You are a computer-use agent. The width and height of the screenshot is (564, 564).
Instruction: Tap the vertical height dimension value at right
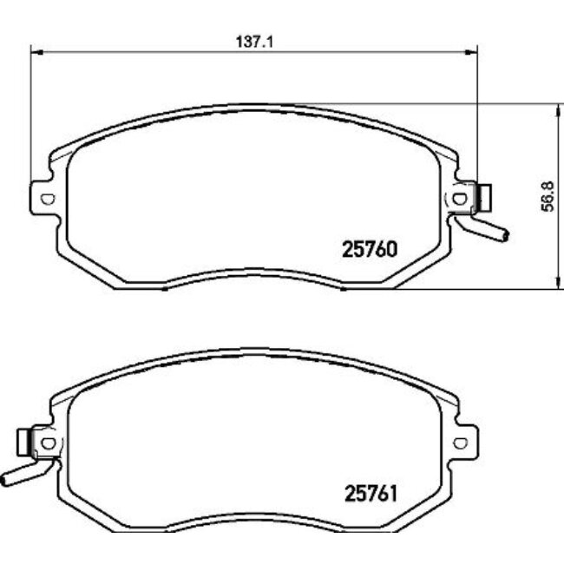click(546, 197)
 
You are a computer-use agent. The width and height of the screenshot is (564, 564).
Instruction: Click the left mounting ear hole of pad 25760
click(47, 199)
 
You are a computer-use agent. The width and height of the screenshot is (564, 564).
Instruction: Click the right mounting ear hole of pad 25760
click(459, 199)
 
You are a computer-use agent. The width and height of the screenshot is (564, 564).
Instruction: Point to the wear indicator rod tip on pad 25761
click(5, 480)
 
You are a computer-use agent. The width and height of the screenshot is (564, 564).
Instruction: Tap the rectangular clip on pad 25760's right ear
click(485, 199)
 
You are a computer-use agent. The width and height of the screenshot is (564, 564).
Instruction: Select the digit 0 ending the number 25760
click(391, 250)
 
